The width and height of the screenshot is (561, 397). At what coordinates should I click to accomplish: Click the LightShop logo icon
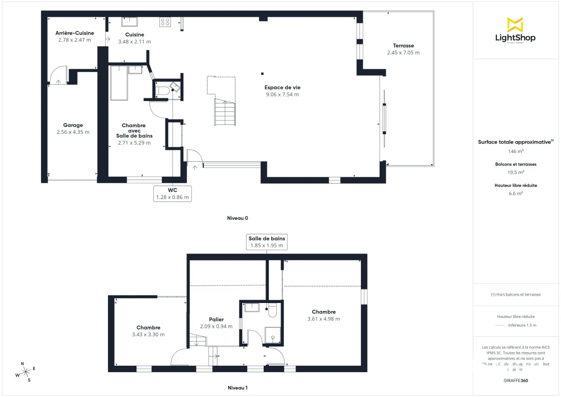(515, 24)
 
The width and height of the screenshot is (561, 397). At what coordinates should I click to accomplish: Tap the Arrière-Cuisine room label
(75, 33)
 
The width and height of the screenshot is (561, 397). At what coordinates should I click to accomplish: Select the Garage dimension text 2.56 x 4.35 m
(73, 132)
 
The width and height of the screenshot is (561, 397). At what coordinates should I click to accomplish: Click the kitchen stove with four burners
(165, 21)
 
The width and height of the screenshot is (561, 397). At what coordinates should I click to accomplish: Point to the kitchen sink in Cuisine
(129, 21)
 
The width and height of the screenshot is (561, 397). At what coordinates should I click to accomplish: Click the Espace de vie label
(282, 87)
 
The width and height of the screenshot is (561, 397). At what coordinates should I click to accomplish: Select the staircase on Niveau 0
(225, 112)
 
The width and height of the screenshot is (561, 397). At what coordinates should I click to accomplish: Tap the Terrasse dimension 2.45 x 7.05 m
(403, 53)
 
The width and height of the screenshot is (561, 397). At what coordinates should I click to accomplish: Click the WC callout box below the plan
(173, 193)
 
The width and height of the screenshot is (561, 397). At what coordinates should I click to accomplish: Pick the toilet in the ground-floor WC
(161, 90)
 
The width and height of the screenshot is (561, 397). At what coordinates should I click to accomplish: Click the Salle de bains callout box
(266, 242)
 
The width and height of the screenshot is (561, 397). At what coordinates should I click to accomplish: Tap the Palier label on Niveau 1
(216, 320)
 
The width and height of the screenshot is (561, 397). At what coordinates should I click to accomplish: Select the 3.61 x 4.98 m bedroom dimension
(324, 319)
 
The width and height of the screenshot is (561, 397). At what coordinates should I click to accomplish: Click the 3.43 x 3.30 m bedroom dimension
(148, 334)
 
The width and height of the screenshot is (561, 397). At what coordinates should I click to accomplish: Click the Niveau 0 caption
(237, 218)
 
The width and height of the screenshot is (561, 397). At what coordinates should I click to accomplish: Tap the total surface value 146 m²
(516, 152)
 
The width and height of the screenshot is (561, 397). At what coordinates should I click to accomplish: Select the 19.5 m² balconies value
(516, 172)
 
